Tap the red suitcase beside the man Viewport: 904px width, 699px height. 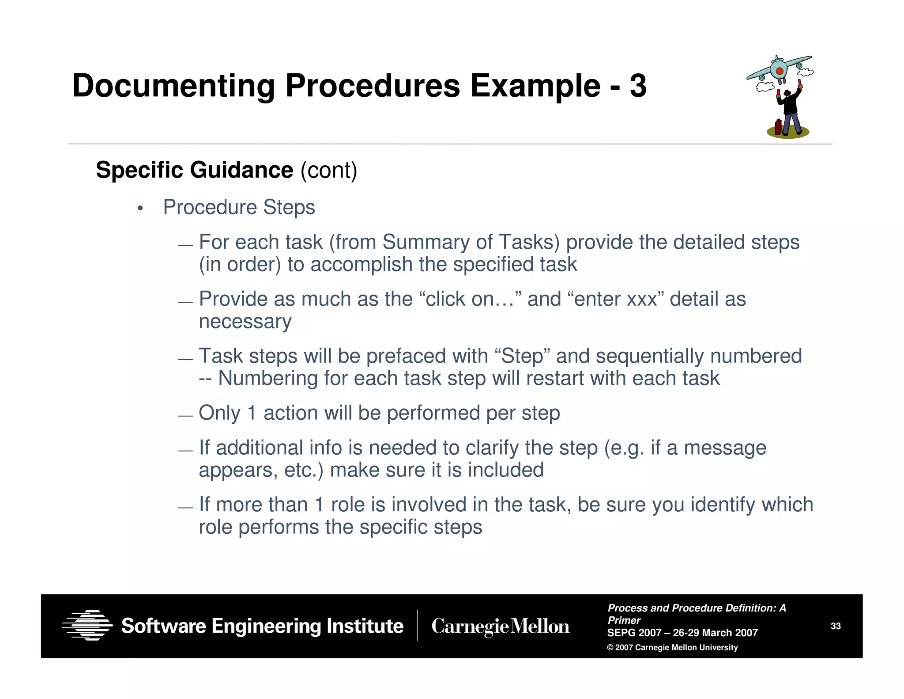click(778, 127)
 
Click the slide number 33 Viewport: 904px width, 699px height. click(836, 626)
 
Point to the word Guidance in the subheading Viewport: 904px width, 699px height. click(241, 170)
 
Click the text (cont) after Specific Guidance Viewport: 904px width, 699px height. click(329, 171)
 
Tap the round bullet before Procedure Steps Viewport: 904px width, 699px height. click(140, 208)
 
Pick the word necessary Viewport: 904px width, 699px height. click(245, 322)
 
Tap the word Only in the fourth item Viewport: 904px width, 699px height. click(219, 413)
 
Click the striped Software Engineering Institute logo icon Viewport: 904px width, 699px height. click(87, 625)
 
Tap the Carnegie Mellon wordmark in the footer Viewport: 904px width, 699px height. click(500, 627)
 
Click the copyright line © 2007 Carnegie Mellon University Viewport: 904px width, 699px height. click(672, 648)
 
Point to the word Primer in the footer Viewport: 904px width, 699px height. click(624, 620)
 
